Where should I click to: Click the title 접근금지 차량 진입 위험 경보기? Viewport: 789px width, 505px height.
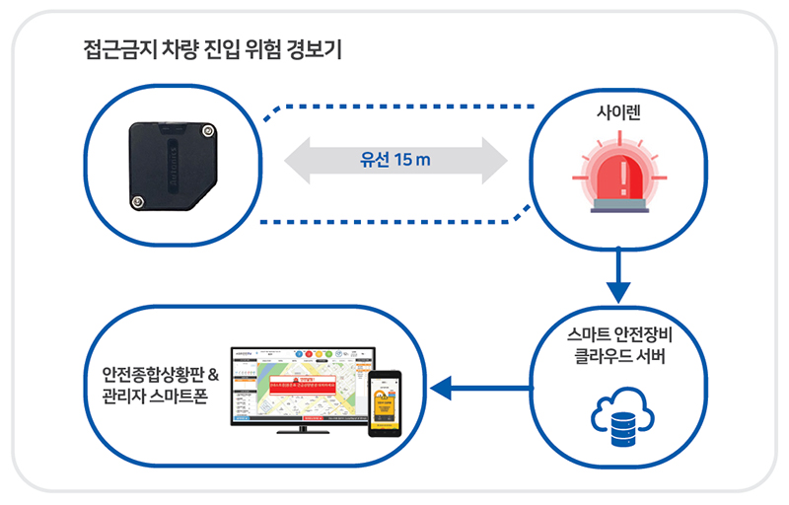click(213, 49)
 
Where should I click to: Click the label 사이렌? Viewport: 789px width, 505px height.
click(619, 114)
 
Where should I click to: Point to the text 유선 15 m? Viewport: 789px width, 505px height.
click(395, 161)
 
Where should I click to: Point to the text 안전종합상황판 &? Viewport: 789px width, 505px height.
click(159, 375)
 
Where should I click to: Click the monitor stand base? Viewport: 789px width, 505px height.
click(301, 430)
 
